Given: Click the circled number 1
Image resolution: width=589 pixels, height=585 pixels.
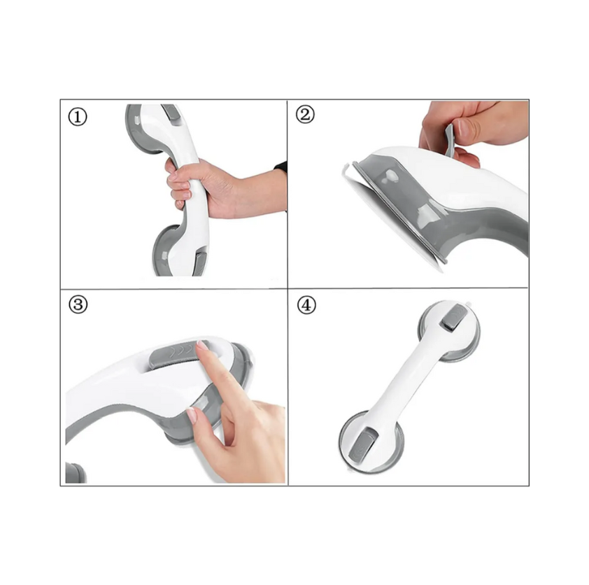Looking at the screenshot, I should point(78,116).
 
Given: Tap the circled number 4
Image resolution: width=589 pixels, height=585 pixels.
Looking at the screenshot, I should point(306,305).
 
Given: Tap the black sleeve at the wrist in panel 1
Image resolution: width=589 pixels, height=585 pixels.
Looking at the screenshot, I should point(281,167).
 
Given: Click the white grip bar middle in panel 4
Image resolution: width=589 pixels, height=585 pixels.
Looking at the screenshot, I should point(404,381).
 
